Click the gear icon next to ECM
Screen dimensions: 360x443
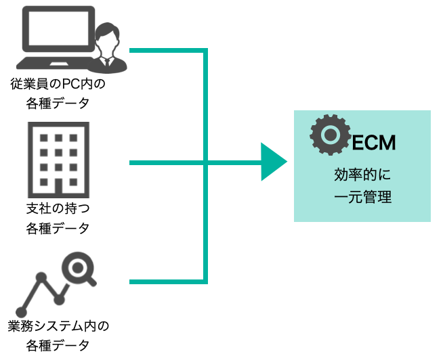[329, 135]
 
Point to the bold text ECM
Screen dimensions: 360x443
[373, 143]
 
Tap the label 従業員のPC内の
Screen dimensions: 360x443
[58, 85]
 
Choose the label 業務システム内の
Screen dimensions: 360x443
[58, 326]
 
